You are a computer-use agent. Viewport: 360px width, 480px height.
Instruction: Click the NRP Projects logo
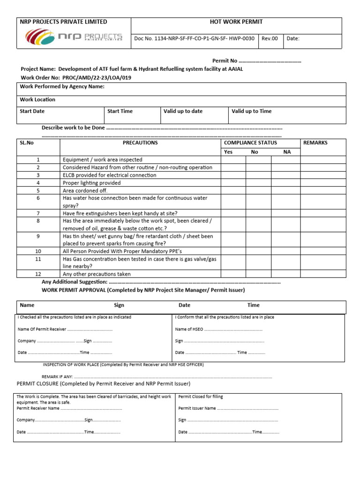tap(74, 36)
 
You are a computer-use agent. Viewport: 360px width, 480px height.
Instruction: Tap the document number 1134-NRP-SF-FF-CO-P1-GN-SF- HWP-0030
tap(194, 38)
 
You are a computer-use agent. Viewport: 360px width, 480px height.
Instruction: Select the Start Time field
tap(120, 112)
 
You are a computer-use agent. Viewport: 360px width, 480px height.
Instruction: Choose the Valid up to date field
tap(183, 112)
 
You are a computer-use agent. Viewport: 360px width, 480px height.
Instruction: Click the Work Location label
tap(37, 99)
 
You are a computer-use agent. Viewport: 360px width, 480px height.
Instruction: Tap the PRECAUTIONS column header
tap(140, 143)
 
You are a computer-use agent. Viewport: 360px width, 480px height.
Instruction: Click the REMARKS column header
tap(315, 143)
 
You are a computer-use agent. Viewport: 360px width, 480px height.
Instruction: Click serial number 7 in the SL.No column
tap(38, 213)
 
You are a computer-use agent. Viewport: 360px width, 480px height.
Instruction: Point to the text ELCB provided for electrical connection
tap(109, 175)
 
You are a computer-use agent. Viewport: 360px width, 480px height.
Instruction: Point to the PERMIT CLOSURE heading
tap(103, 384)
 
